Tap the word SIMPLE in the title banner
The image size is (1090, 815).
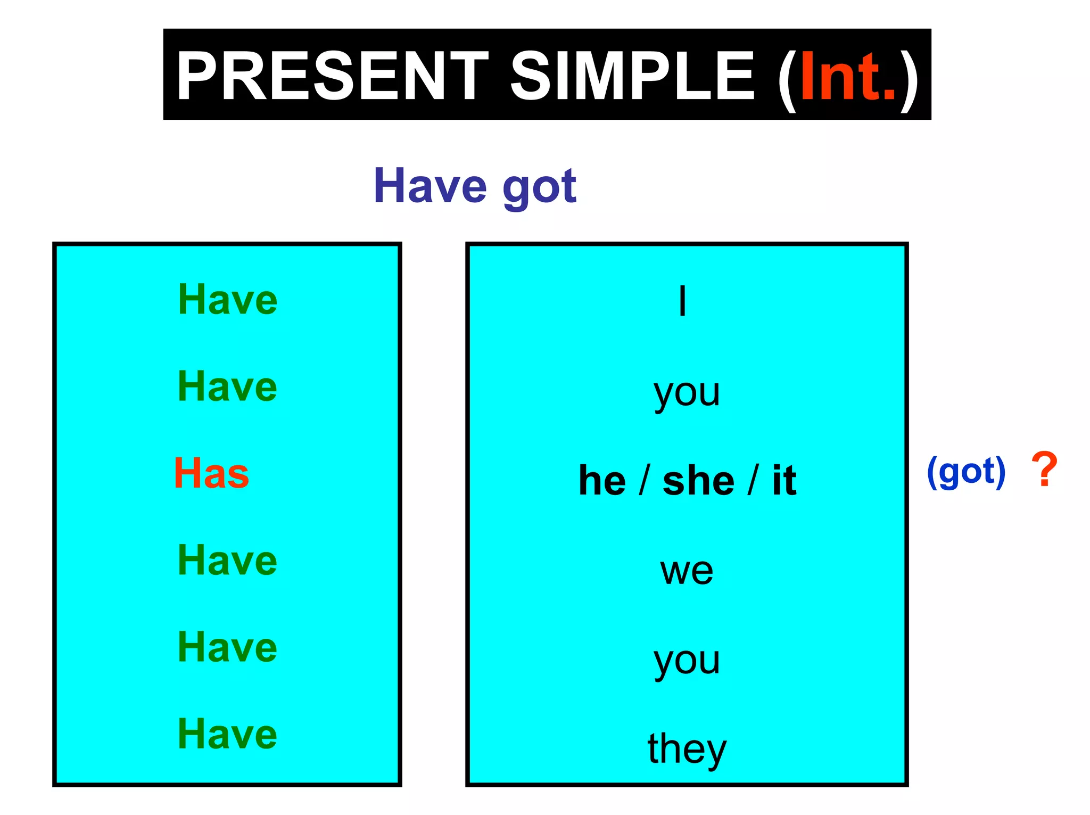pos(632,76)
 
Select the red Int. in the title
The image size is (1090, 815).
pos(848,76)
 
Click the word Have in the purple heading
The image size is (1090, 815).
pos(430,186)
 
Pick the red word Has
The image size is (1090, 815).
pos(211,473)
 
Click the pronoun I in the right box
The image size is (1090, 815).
pos(682,301)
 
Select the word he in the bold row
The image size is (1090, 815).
pos(602,480)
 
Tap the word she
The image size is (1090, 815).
pos(698,480)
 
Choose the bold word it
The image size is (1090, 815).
pos(784,480)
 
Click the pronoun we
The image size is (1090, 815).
pos(687,571)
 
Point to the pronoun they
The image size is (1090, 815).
pos(687,748)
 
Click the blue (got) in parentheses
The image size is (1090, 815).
pos(966,472)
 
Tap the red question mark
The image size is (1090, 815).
pos(1044,470)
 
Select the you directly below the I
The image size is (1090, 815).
pos(687,394)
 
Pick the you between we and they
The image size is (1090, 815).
pos(687,662)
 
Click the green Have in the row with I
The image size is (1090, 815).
pos(227,300)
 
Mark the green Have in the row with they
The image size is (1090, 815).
pos(227,734)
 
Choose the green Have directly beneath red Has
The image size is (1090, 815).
pos(227,560)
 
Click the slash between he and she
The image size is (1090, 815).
pos(645,480)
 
